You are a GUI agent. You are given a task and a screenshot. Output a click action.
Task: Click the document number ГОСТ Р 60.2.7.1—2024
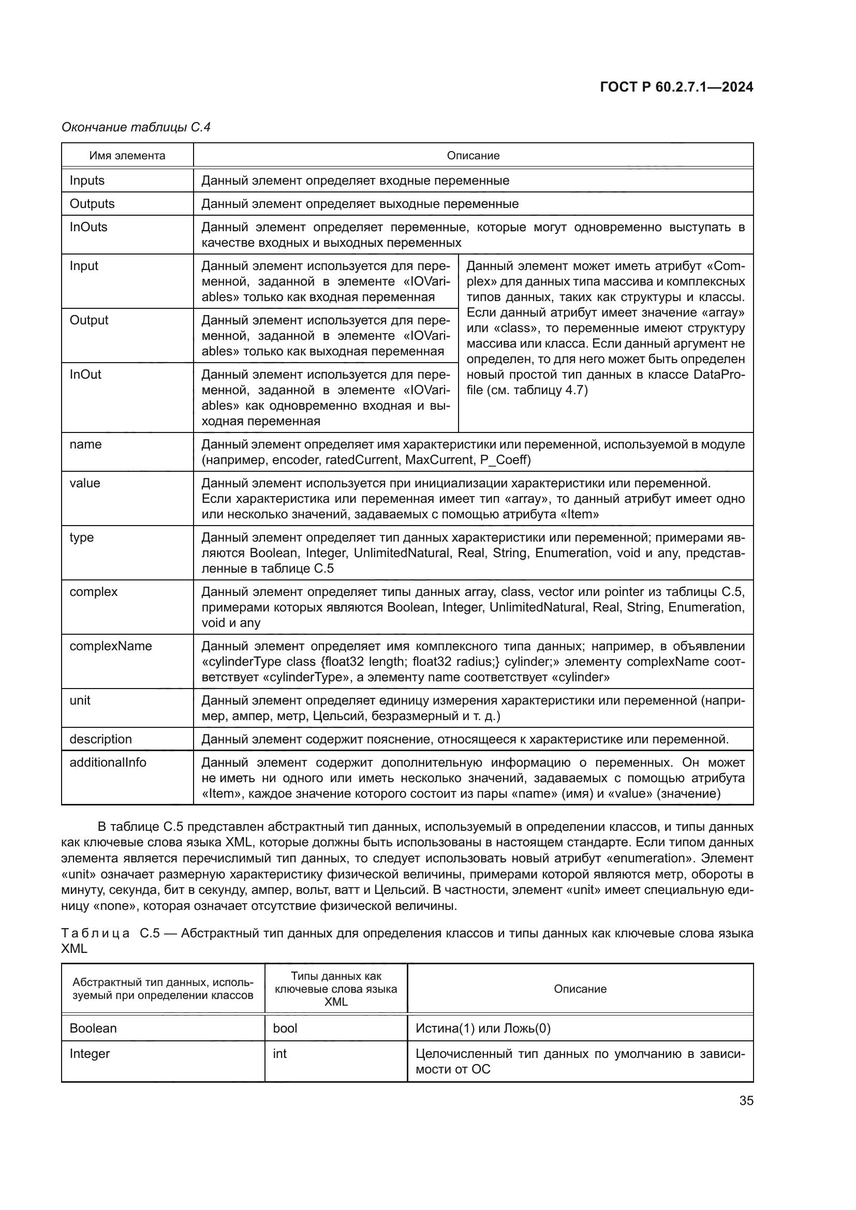click(x=676, y=87)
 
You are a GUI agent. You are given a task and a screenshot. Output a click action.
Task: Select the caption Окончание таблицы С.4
click(x=136, y=127)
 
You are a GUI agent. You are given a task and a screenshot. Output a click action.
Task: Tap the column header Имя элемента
click(x=127, y=156)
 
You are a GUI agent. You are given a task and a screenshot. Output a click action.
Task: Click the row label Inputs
click(x=87, y=180)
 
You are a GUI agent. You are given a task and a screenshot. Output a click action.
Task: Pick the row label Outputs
click(x=92, y=203)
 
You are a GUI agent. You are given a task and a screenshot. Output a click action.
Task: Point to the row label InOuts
click(x=88, y=227)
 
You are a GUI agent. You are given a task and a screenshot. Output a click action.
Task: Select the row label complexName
click(x=111, y=646)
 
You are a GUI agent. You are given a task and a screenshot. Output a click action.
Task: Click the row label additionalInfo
click(x=108, y=763)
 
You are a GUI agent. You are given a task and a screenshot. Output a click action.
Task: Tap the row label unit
click(x=80, y=700)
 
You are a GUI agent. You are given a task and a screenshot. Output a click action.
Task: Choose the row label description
click(x=101, y=739)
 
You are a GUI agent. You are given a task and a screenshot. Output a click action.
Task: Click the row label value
click(x=84, y=483)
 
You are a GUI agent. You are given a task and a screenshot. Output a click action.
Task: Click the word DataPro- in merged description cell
click(x=719, y=375)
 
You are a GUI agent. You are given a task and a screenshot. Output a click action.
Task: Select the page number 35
click(x=746, y=1101)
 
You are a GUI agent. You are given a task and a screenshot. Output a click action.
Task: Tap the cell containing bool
click(x=285, y=1028)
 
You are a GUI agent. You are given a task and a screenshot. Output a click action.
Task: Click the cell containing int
click(x=279, y=1053)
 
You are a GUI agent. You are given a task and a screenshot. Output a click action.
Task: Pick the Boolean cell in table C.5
click(x=93, y=1028)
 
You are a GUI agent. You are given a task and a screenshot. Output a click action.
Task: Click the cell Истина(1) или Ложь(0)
click(x=483, y=1028)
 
